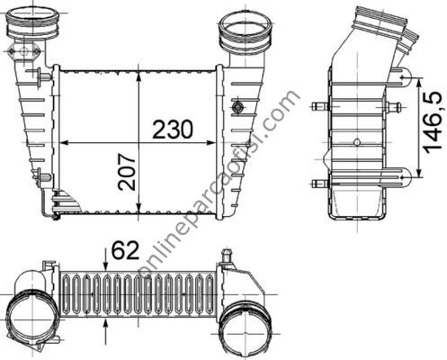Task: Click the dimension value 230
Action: tap(173, 129)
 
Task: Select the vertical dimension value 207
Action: tap(127, 172)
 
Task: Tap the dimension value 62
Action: tap(125, 250)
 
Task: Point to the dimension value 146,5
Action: tap(433, 122)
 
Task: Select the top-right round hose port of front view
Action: tap(246, 32)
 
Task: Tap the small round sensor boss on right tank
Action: tap(238, 106)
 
